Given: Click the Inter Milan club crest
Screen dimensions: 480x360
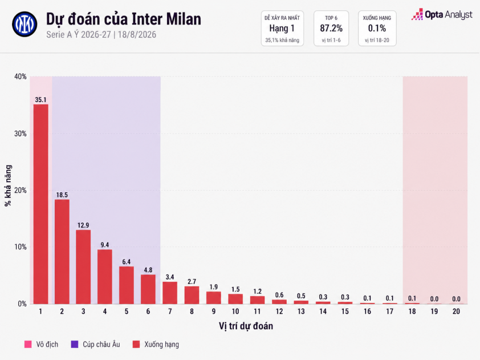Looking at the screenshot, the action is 25,24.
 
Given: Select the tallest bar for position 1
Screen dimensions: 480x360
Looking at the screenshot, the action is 40,204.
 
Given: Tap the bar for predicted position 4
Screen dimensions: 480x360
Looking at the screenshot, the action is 105,277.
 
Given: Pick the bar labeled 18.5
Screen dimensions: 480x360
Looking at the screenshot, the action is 62,252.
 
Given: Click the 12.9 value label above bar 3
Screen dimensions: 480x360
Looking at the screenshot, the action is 83,225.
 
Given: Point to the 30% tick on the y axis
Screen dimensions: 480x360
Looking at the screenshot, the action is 21,134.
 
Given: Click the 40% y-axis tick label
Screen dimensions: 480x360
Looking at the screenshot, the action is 21,76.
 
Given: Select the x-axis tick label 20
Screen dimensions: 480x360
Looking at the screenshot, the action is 456,312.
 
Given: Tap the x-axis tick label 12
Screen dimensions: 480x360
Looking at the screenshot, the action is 279,312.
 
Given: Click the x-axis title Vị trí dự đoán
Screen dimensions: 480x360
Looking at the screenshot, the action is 246,326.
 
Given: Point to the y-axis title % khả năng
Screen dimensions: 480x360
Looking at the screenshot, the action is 8,185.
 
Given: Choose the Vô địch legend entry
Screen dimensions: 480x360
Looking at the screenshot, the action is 41,345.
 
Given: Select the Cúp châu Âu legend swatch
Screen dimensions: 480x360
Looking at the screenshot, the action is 74,345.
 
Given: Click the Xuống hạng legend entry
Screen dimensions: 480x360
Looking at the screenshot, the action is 156,345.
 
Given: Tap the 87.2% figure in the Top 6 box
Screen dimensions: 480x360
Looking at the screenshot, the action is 331,29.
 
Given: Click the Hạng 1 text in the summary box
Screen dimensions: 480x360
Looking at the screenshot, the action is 282,29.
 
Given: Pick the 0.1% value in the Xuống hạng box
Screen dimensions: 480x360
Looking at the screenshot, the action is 377,29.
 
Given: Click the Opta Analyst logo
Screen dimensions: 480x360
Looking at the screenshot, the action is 442,14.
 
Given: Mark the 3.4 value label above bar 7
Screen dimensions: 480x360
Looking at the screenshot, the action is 170,277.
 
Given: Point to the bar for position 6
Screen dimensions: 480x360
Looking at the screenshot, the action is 148,289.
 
